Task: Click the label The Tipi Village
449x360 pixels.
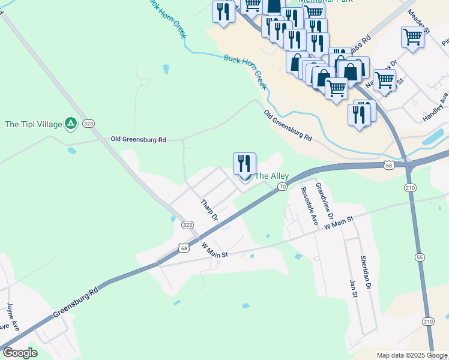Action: (34, 124)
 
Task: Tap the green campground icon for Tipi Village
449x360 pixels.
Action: (71, 124)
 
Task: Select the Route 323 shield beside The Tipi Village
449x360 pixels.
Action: (88, 123)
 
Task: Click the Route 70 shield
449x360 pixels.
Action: (282, 187)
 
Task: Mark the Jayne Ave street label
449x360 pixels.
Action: (11, 316)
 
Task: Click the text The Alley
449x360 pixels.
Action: (272, 176)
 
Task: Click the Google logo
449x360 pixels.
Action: (20, 353)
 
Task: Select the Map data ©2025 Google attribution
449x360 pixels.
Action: (411, 355)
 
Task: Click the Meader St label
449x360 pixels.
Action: (419, 21)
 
